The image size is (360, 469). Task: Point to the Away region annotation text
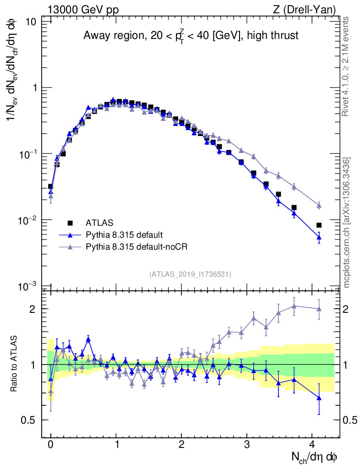[x=191, y=35]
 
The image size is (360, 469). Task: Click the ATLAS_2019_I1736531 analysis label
[x=190, y=274]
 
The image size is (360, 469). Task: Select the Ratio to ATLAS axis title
[x=15, y=365]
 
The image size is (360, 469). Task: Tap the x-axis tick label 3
[x=247, y=445]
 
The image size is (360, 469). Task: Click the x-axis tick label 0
[x=50, y=445]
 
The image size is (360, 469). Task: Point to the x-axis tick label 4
[x=312, y=445]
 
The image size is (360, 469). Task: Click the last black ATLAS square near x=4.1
[x=319, y=225]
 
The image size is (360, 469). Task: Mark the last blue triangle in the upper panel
[x=319, y=237]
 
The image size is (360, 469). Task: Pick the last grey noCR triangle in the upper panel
[x=319, y=206]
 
